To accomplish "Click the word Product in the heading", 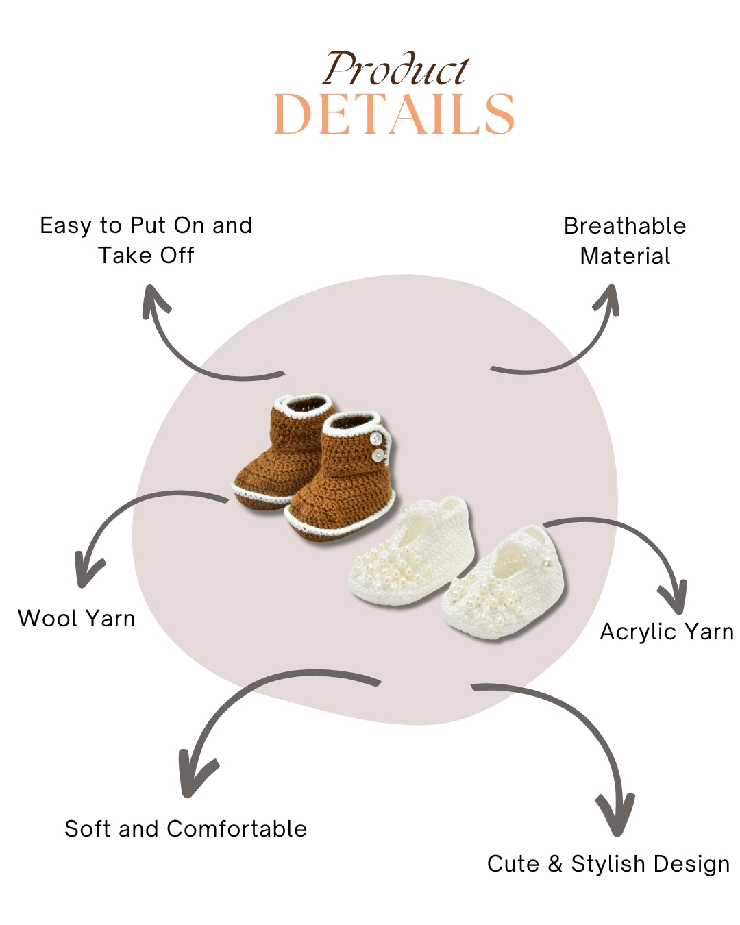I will coord(396,71).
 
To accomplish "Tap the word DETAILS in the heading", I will coord(394,114).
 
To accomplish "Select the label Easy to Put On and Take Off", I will coord(146,240).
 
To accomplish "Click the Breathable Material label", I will coord(625,241).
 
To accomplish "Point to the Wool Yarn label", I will coord(77,619).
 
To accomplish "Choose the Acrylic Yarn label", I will coord(667,632).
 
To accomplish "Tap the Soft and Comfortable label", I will coord(186,829).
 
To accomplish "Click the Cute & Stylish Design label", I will coord(608,864).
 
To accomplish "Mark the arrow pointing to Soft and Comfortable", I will coord(247,706).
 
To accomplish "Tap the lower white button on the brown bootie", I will coord(377,455).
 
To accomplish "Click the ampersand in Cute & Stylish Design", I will coord(554,864).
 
